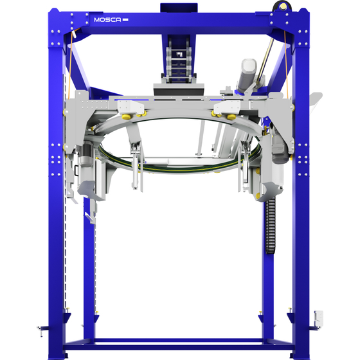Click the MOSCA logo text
tap(107, 20)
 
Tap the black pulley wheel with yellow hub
tap(282, 6)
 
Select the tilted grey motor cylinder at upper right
tap(247, 75)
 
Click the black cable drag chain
tap(270, 226)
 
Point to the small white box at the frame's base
tap(319, 319)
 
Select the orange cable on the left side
tap(71, 64)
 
